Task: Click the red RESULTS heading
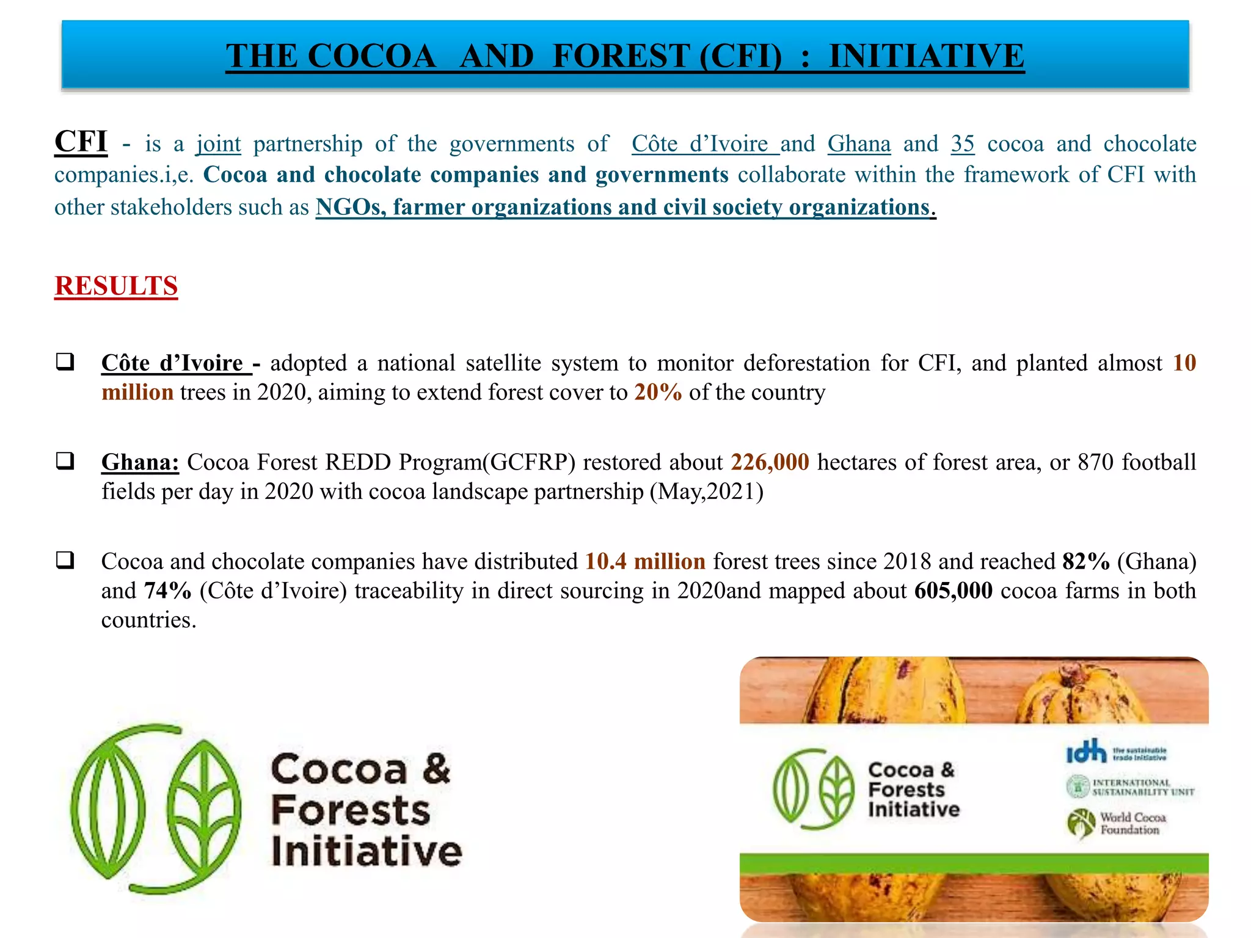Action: coord(116,286)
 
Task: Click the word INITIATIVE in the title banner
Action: coord(926,56)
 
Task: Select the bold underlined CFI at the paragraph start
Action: coord(81,142)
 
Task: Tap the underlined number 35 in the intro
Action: coord(963,144)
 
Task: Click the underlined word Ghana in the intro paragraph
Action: coord(859,144)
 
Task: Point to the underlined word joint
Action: coord(218,144)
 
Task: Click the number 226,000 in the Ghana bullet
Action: coord(770,462)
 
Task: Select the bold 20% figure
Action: coord(658,392)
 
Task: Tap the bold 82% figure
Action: coord(1086,561)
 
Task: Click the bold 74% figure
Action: coord(167,591)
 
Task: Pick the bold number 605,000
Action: coord(953,591)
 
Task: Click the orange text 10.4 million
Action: coord(645,561)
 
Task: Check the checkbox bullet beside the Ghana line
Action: coord(65,460)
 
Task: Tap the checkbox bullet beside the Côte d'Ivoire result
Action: coord(65,361)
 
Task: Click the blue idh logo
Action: coord(1086,752)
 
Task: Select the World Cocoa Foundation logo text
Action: coord(1132,823)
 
